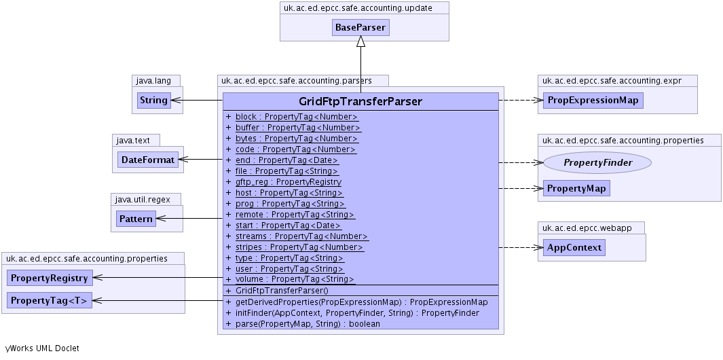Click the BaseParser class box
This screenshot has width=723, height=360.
click(x=360, y=28)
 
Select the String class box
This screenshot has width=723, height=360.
click(x=153, y=101)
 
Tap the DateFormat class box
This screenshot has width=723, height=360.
click(x=147, y=160)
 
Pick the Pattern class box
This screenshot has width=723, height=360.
click(x=136, y=219)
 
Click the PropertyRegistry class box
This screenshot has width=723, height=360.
click(x=50, y=278)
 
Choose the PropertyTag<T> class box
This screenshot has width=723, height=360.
click(x=50, y=300)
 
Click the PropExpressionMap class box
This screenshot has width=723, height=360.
click(x=592, y=101)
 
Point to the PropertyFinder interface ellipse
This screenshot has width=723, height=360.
click(x=597, y=162)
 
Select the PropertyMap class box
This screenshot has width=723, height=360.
click(x=576, y=188)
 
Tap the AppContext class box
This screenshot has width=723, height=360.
click(x=574, y=248)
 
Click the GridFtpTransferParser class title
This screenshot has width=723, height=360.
click(x=360, y=102)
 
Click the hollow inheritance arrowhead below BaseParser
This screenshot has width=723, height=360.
click(x=361, y=41)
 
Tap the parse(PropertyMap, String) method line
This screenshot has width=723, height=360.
click(x=308, y=324)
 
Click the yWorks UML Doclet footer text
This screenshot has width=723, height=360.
click(x=42, y=348)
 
